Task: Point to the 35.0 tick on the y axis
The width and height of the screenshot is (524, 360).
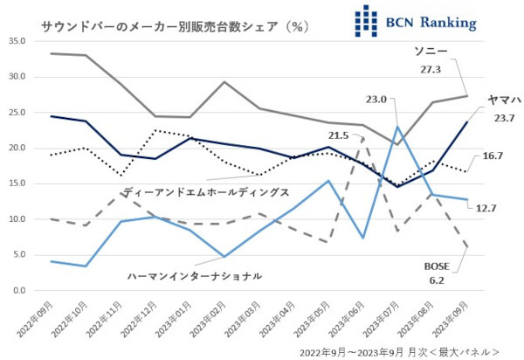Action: [x=18, y=41]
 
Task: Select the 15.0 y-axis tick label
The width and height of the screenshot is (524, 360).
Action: [x=18, y=183]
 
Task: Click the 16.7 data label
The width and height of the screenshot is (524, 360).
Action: [x=493, y=156]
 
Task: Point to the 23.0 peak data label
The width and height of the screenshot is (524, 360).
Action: [x=376, y=100]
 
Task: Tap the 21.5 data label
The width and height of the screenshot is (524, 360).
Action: [x=339, y=135]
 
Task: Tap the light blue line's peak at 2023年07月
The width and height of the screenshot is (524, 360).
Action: [x=398, y=127]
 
